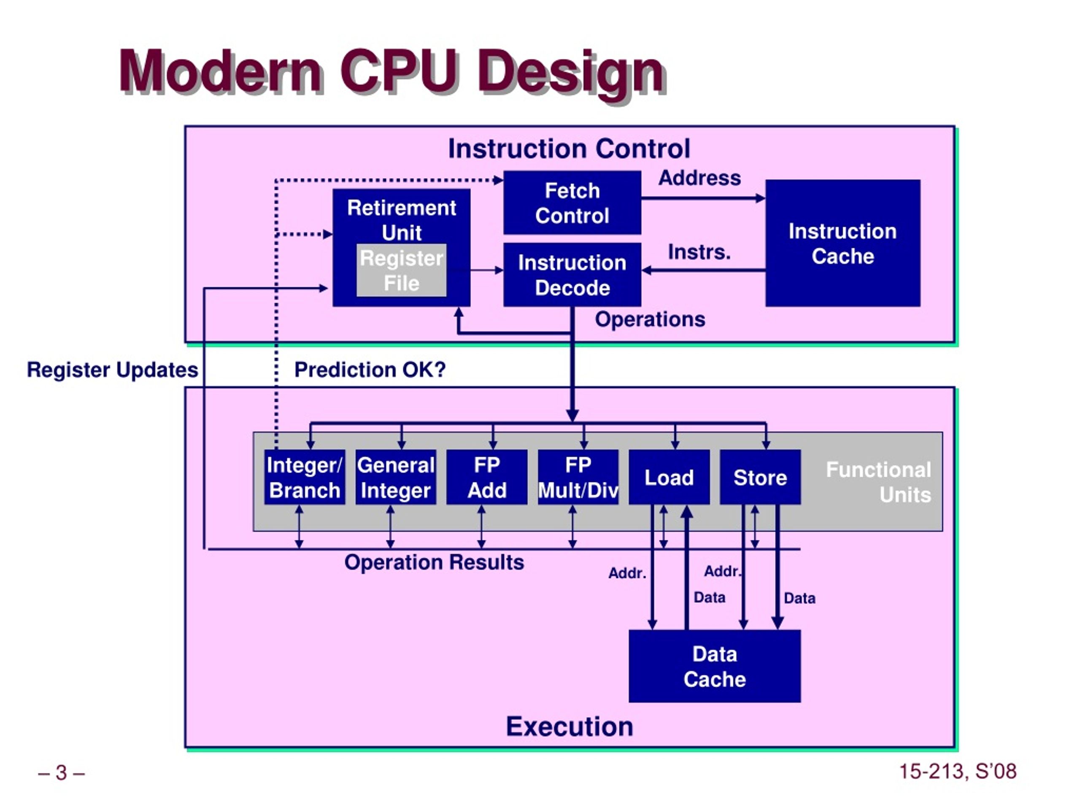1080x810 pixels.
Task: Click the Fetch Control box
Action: pyautogui.click(x=572, y=202)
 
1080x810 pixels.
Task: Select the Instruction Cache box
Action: pyautogui.click(x=843, y=243)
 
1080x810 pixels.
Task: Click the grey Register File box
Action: pyautogui.click(x=401, y=270)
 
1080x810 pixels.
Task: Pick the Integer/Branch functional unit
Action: pyautogui.click(x=305, y=477)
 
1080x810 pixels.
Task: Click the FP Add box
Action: pyautogui.click(x=487, y=477)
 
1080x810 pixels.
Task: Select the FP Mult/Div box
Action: pyautogui.click(x=578, y=477)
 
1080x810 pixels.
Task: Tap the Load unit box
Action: pyautogui.click(x=670, y=477)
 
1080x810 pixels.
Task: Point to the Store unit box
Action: pyautogui.click(x=760, y=477)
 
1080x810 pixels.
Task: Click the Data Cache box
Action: pyautogui.click(x=715, y=666)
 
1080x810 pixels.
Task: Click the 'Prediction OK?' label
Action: pyautogui.click(x=370, y=370)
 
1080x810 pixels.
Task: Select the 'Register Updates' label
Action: pyautogui.click(x=112, y=370)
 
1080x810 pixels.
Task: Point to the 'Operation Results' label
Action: pyautogui.click(x=434, y=562)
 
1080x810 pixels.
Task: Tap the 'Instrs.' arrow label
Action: pyautogui.click(x=699, y=252)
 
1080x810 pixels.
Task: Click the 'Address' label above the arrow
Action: pyautogui.click(x=699, y=178)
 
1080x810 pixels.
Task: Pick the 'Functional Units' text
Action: pyautogui.click(x=879, y=482)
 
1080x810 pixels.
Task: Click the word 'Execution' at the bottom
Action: pyautogui.click(x=569, y=726)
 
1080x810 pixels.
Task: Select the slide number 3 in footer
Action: pyautogui.click(x=62, y=772)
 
